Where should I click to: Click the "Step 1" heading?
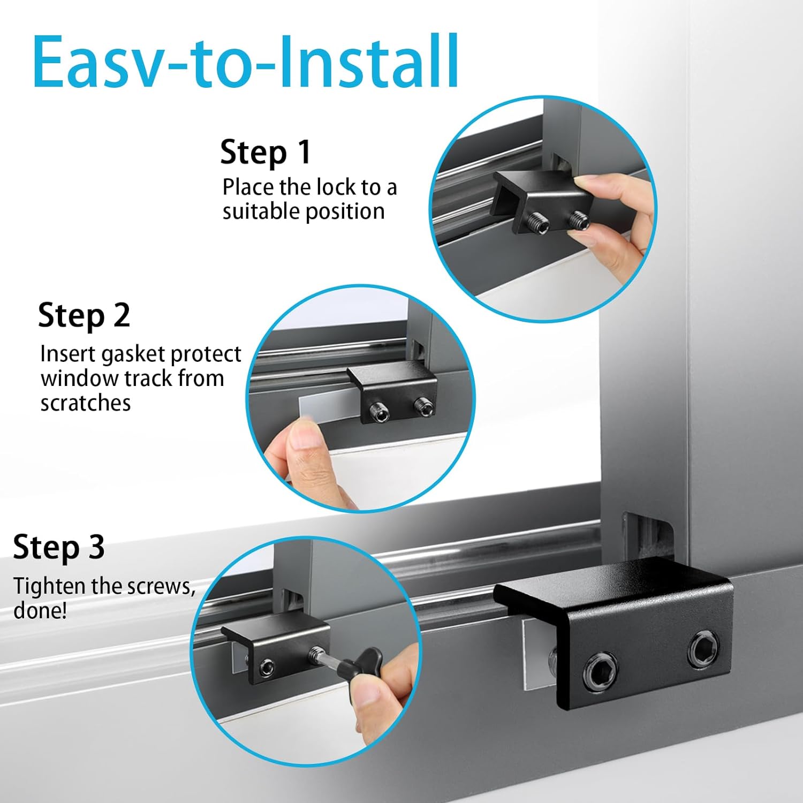coord(266,152)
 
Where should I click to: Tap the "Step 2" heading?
coord(84,315)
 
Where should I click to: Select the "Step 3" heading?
coord(59,547)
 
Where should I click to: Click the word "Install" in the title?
coord(369,62)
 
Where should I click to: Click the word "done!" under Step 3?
coord(40,611)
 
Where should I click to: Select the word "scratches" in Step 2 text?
coord(86,403)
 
